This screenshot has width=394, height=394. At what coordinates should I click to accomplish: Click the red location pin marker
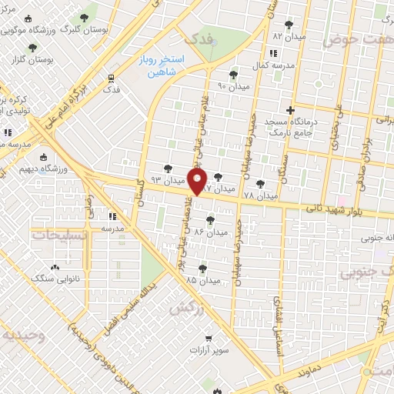click(199, 182)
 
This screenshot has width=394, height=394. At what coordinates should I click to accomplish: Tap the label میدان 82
click(289, 36)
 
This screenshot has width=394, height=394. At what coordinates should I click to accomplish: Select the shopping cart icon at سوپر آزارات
click(209, 338)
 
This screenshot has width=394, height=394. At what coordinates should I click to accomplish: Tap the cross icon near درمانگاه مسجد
click(290, 110)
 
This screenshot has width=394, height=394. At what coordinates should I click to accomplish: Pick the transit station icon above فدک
click(112, 78)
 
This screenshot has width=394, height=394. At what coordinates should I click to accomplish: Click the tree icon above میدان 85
click(202, 268)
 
